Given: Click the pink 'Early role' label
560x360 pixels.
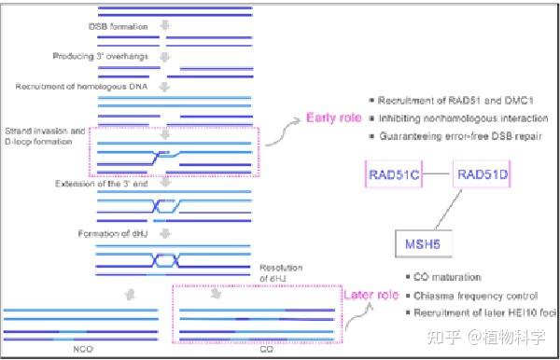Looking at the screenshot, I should pos(334,118).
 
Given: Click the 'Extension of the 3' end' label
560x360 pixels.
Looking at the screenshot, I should pos(90,186).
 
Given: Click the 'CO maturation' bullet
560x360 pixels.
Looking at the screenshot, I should pos(446,277).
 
